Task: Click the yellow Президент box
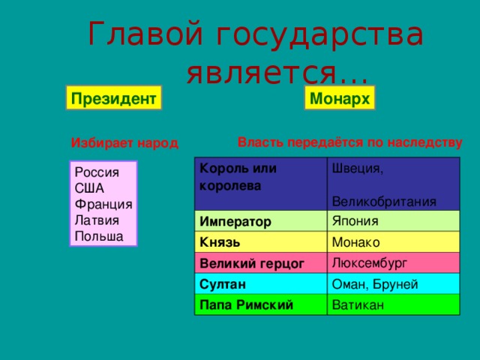(113, 99)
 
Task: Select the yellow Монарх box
(340, 99)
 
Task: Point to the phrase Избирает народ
(124, 143)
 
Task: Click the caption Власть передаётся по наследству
(349, 141)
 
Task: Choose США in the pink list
(89, 187)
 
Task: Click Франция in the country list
(103, 203)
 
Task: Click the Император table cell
(235, 223)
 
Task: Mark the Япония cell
(354, 220)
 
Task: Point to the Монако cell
(355, 241)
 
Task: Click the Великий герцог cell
(240, 264)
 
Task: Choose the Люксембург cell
(368, 262)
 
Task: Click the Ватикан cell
(357, 304)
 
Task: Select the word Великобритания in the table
(383, 200)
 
